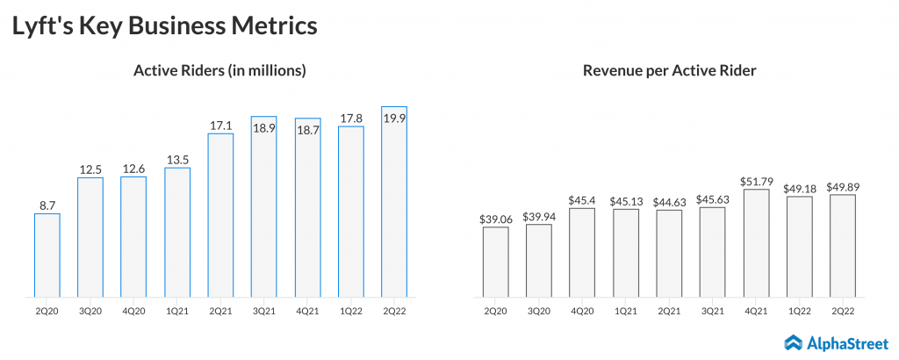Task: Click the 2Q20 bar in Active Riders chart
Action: (47, 255)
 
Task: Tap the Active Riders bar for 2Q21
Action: (220, 215)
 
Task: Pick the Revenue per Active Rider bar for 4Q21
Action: (756, 243)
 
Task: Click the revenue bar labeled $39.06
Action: (495, 262)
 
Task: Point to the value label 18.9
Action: (264, 127)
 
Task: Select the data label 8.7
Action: (47, 205)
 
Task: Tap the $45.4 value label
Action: (582, 200)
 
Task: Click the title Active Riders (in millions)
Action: (219, 71)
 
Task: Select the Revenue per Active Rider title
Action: (669, 71)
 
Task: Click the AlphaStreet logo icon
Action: (794, 342)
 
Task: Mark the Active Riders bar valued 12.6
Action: (133, 237)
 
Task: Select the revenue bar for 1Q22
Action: (799, 246)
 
